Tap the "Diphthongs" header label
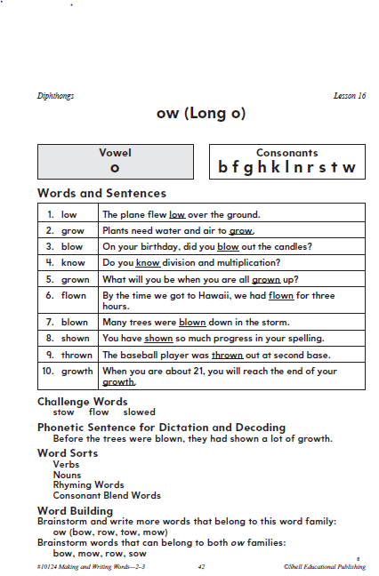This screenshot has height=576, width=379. pyautogui.click(x=56, y=95)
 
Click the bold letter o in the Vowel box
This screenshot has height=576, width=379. pyautogui.click(x=115, y=167)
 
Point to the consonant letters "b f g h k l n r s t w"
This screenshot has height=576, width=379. pyautogui.click(x=286, y=167)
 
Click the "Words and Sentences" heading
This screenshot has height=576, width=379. pyautogui.click(x=101, y=193)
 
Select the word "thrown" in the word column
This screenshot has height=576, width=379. pyautogui.click(x=75, y=355)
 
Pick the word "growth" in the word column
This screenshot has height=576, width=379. pyautogui.click(x=77, y=372)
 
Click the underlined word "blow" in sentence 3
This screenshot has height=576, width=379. pyautogui.click(x=229, y=246)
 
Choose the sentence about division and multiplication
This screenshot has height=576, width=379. pyautogui.click(x=191, y=262)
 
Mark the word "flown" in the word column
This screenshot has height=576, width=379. pyautogui.click(x=74, y=295)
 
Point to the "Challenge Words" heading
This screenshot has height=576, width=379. pyautogui.click(x=83, y=402)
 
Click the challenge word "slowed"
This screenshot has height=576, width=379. pyautogui.click(x=139, y=412)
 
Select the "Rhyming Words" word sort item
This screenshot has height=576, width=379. pyautogui.click(x=88, y=485)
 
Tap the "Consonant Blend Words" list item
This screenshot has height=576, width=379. pyautogui.click(x=107, y=495)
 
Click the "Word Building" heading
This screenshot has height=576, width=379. pyautogui.click(x=76, y=510)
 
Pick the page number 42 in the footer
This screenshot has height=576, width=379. pyautogui.click(x=202, y=565)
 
